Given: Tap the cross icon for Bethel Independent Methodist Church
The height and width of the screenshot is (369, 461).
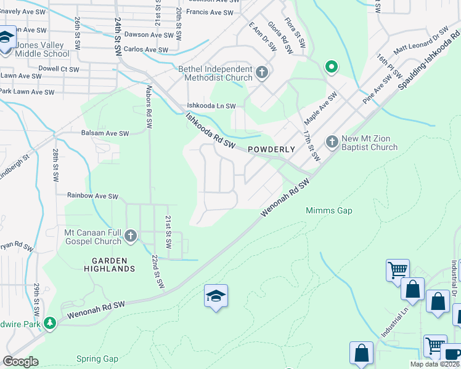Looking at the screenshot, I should [x=262, y=73].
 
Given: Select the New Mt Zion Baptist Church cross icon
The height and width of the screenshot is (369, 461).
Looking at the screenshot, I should [x=332, y=142].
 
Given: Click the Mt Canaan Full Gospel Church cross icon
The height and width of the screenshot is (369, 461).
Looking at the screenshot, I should [x=130, y=236].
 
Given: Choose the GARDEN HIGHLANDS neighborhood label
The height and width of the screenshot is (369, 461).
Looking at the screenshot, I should [x=110, y=264].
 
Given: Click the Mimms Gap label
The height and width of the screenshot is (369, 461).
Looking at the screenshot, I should [x=329, y=211].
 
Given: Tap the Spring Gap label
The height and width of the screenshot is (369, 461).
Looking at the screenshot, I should [x=97, y=359].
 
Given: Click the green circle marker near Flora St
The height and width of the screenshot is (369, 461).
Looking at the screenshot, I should [x=331, y=66].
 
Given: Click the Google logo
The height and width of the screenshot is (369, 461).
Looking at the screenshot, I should [x=21, y=362].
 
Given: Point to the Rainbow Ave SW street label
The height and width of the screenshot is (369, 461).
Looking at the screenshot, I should [x=92, y=196].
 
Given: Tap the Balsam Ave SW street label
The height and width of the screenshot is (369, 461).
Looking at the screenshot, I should [x=105, y=133].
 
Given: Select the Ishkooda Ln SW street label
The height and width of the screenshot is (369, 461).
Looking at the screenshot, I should [x=212, y=106].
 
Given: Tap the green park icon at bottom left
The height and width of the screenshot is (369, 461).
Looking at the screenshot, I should [x=50, y=322].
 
